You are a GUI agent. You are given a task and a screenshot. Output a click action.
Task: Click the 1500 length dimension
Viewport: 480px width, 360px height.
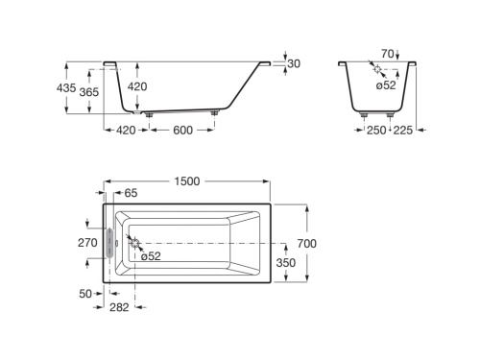187,181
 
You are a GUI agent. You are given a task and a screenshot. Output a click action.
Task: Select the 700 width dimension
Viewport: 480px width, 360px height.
307,244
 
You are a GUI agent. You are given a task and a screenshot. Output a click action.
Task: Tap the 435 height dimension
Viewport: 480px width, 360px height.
66,87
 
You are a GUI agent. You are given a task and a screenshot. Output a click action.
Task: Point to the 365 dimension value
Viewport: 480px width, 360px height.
89,92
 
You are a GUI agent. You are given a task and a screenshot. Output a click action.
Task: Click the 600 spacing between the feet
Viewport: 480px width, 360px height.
182,131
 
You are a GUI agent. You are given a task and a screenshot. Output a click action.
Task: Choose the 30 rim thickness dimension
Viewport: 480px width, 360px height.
294,63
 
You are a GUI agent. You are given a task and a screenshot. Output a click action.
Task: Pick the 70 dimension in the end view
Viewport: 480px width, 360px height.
387,54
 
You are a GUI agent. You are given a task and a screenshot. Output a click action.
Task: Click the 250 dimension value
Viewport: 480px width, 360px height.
376,131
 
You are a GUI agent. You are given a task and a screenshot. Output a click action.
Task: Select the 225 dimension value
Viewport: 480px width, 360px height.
403,131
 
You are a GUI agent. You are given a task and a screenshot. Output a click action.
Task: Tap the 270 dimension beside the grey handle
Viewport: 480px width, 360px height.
87,243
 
